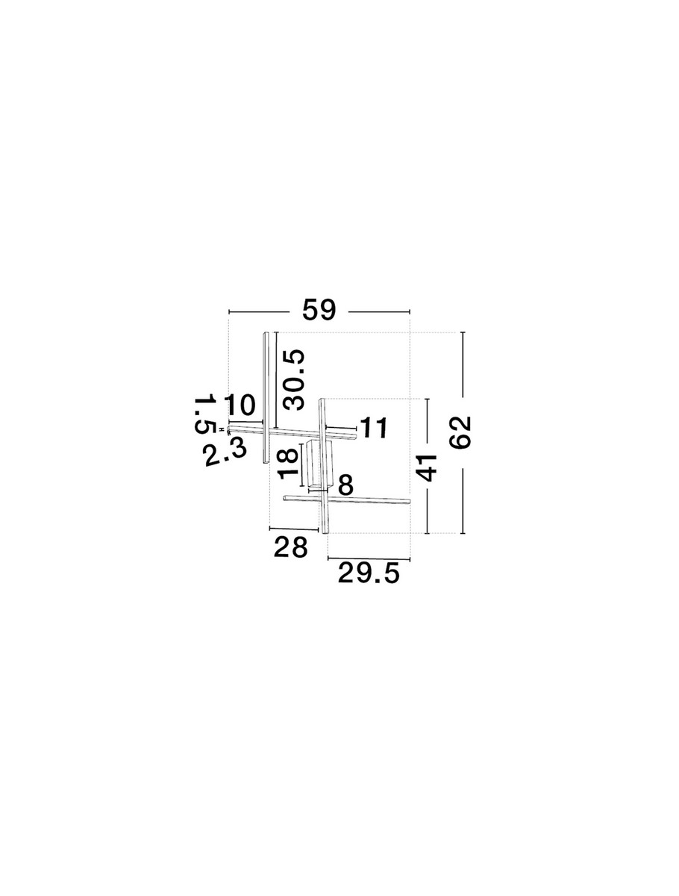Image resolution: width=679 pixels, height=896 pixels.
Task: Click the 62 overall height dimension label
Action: pyautogui.click(x=461, y=432)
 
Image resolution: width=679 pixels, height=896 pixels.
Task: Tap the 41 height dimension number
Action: pyautogui.click(x=426, y=467)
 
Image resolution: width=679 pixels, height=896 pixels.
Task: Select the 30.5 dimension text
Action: pyautogui.click(x=294, y=379)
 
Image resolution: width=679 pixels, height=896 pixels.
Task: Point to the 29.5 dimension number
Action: pyautogui.click(x=369, y=573)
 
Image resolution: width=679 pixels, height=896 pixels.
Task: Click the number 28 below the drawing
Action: pyautogui.click(x=290, y=547)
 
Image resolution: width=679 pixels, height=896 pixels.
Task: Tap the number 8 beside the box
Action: pyautogui.click(x=345, y=485)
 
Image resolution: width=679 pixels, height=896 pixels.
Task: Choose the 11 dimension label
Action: pyautogui.click(x=374, y=428)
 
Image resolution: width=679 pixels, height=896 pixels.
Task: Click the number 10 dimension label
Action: pyautogui.click(x=240, y=405)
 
